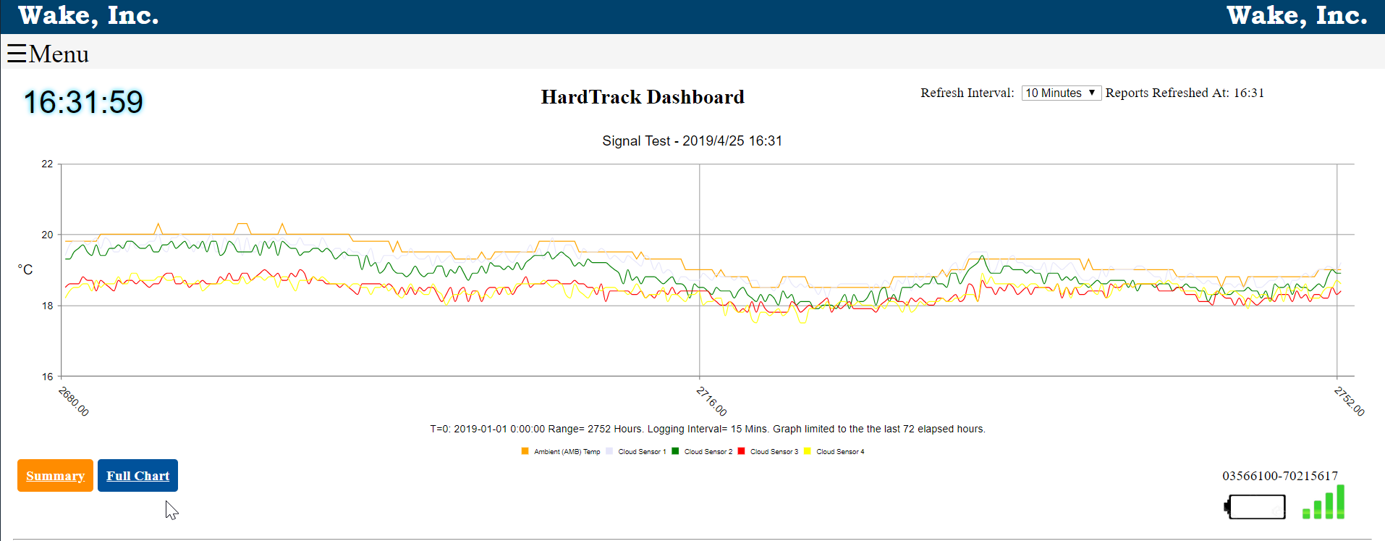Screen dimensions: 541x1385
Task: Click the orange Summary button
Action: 55,476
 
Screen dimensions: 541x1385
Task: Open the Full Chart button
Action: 137,476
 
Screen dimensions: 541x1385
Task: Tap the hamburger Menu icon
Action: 17,54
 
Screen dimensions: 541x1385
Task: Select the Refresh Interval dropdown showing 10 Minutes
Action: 1061,93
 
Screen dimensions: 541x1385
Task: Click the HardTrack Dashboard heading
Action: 643,97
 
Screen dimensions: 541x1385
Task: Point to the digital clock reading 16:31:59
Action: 84,102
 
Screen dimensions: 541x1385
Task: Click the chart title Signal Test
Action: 692,141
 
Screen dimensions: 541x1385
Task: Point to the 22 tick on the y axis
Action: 47,164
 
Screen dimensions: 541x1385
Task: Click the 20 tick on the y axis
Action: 47,235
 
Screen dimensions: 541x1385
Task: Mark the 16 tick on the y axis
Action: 47,377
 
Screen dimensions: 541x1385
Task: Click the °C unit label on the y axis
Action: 25,269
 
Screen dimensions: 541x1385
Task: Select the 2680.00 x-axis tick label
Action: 74,401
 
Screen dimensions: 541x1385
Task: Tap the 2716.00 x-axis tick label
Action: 712,401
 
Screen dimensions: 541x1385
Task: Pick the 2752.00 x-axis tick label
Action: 1350,401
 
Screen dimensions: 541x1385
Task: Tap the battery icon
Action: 1255,506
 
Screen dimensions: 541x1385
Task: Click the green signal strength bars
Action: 1324,503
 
